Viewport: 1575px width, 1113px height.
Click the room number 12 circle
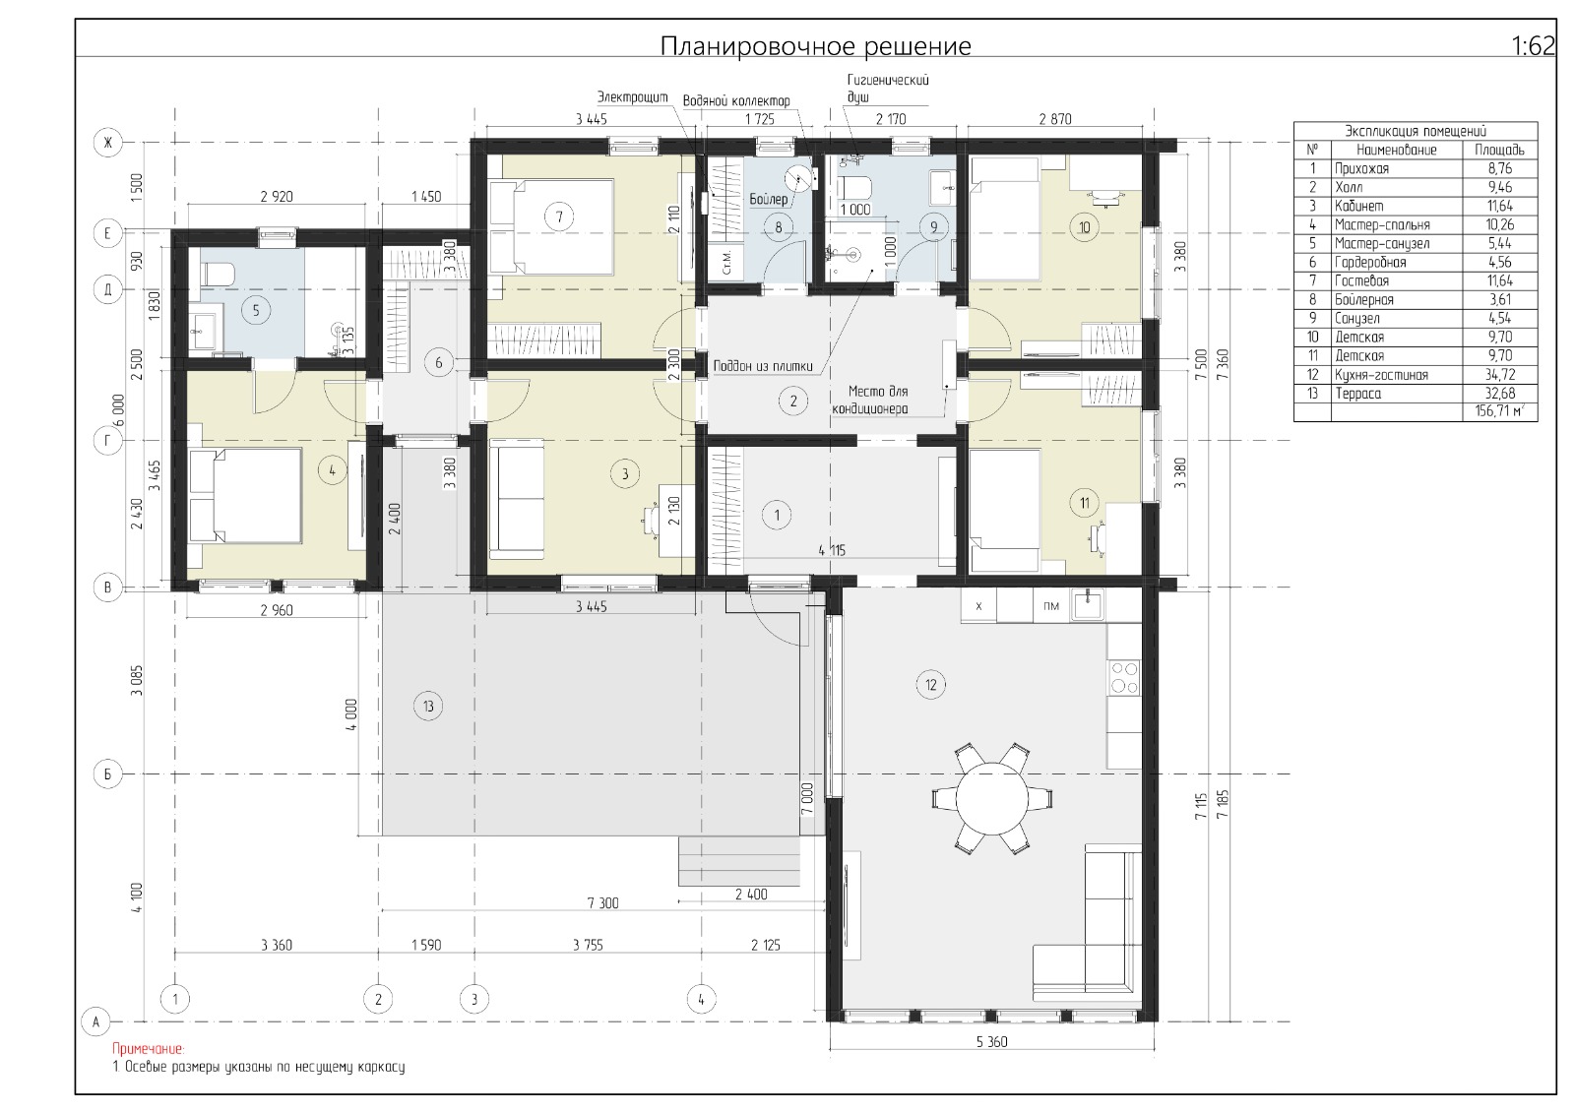coord(931,684)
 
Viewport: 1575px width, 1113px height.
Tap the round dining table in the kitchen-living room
coord(991,799)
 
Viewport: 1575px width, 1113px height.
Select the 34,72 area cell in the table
coord(1500,375)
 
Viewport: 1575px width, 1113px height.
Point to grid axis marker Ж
coord(107,144)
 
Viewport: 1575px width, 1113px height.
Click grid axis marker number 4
coord(700,999)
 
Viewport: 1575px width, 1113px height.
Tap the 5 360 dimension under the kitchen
coord(991,1041)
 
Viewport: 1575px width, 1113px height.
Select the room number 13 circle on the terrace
coord(428,706)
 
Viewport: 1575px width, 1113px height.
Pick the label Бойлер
coord(769,200)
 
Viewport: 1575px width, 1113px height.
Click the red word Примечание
coord(149,1049)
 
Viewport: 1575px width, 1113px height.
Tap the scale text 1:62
coord(1533,45)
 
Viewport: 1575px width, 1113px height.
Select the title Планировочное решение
coord(816,45)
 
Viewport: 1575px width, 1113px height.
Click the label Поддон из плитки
coord(763,366)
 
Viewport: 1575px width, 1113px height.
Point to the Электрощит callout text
coord(632,97)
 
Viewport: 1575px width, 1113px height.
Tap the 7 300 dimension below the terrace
coord(602,902)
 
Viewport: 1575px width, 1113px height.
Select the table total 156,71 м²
coord(1500,411)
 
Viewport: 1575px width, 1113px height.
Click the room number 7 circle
coord(559,216)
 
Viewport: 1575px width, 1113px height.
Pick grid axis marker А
coord(96,1021)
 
